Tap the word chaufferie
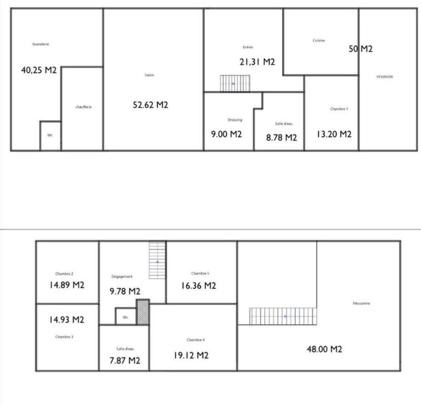(x=84, y=107)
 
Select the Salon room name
(x=149, y=75)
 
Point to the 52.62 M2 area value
(x=151, y=105)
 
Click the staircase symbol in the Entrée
(x=235, y=83)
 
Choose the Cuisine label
(x=318, y=40)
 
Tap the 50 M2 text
(x=360, y=49)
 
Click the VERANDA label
(x=385, y=77)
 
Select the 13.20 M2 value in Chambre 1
(x=334, y=134)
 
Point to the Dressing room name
(x=235, y=120)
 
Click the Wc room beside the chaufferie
(x=51, y=136)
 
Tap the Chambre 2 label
(x=64, y=274)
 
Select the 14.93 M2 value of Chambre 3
(x=67, y=319)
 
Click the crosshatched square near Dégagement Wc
(x=143, y=312)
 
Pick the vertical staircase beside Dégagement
(x=157, y=260)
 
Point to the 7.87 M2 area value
(x=124, y=360)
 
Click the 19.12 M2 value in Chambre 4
(x=191, y=356)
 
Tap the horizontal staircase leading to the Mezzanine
(x=283, y=316)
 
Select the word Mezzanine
(x=360, y=303)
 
